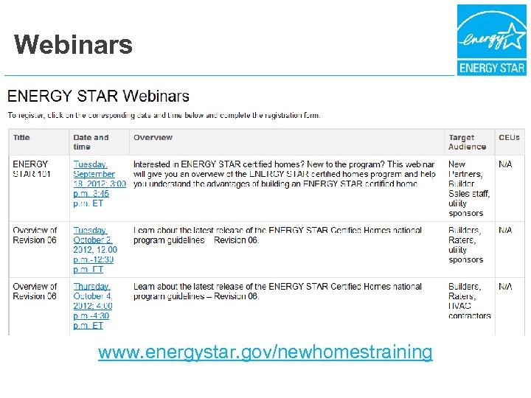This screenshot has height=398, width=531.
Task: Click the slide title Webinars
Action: click(73, 44)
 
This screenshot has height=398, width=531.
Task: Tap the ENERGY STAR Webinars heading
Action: click(98, 96)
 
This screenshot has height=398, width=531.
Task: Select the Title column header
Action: click(21, 138)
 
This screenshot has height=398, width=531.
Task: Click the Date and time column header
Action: click(91, 142)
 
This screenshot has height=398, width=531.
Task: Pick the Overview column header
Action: click(153, 138)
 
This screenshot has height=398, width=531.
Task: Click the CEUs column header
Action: click(509, 138)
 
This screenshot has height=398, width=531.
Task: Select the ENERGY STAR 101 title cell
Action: click(30, 169)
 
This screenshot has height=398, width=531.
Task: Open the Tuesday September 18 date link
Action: click(99, 179)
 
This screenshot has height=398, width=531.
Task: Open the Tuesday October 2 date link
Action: click(95, 250)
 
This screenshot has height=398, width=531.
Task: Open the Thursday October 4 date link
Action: click(93, 306)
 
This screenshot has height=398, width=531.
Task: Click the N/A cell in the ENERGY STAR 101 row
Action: click(505, 164)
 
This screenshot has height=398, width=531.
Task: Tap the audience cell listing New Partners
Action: click(469, 189)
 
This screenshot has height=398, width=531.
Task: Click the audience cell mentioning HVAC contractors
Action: click(469, 301)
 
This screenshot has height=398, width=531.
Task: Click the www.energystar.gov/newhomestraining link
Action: click(265, 352)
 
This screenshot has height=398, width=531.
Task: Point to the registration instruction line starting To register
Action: click(164, 115)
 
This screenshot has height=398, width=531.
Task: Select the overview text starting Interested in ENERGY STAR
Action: click(284, 174)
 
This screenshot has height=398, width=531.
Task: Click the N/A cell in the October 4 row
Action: click(505, 287)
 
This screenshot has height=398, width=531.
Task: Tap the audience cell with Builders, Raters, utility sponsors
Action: click(466, 245)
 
